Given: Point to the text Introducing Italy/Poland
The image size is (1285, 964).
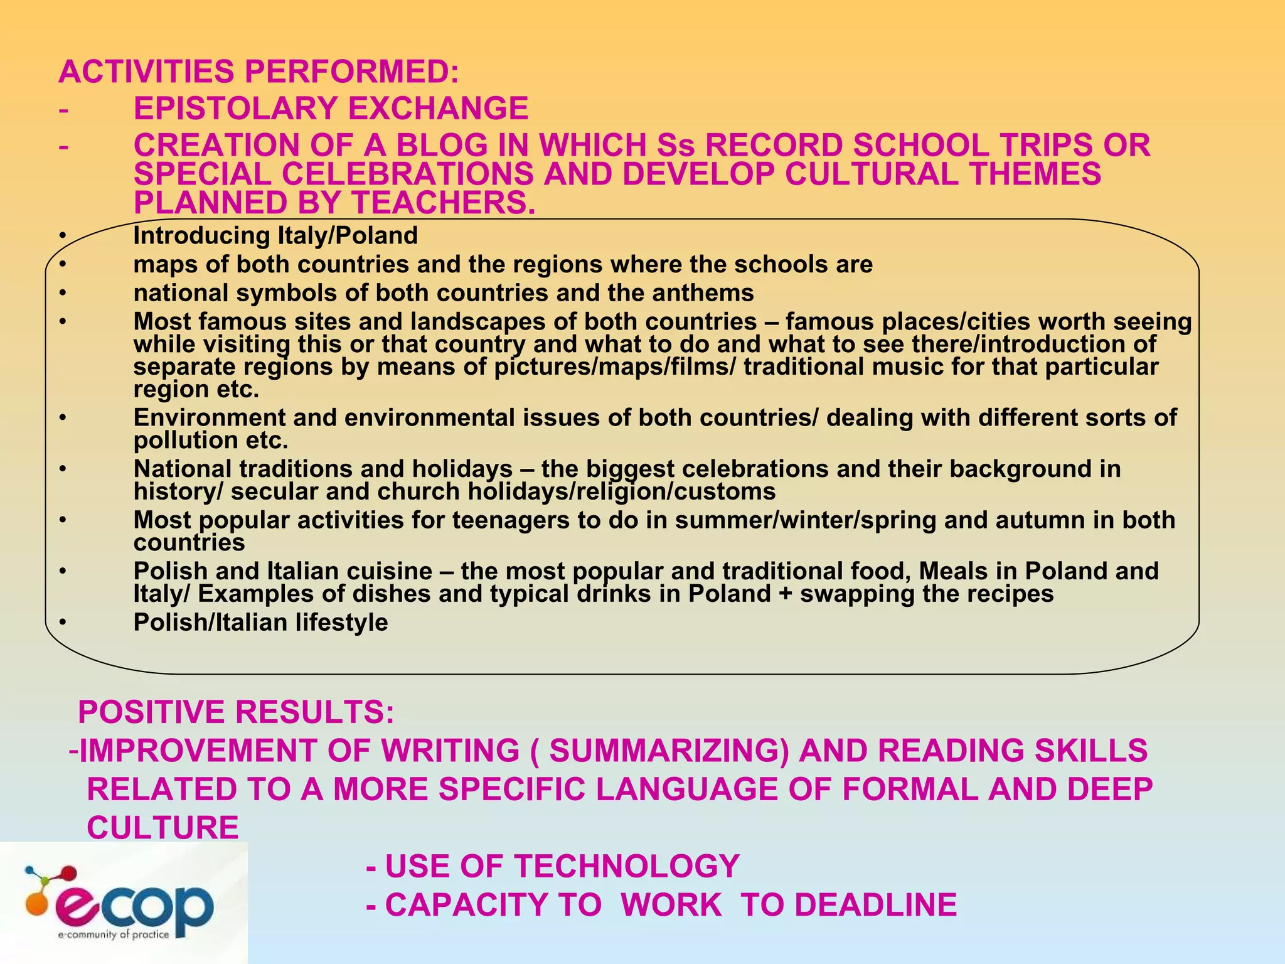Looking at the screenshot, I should [x=275, y=236].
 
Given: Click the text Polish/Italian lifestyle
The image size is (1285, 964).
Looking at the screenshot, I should [x=260, y=623].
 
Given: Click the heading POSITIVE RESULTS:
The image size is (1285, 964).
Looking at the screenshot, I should [x=236, y=712].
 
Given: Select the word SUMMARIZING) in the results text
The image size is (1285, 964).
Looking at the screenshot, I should [x=669, y=751].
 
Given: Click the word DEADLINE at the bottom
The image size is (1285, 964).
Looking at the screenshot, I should [x=875, y=905].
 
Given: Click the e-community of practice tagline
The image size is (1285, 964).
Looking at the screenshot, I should [x=113, y=935].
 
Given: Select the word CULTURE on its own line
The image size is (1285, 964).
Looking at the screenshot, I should [x=163, y=828].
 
